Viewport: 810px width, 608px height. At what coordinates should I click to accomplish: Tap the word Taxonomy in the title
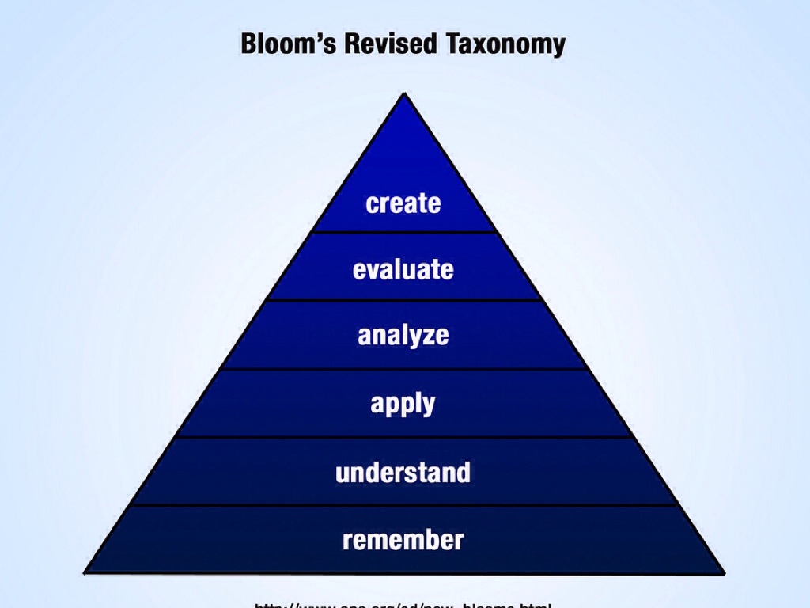505,44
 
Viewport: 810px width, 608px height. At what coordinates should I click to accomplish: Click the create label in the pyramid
403,203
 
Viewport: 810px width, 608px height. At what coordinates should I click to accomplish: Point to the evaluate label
403,270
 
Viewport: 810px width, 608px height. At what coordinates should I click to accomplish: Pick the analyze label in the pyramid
403,336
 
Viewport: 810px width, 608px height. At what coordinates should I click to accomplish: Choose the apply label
403,405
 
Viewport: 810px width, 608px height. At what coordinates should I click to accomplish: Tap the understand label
403,473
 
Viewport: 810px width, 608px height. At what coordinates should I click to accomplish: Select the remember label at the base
403,541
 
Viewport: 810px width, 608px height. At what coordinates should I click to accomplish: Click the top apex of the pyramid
404,94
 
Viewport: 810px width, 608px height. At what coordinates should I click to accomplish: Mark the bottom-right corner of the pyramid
724,572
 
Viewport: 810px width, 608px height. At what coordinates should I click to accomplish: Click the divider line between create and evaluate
404,232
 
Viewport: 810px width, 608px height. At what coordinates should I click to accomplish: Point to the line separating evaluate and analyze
404,300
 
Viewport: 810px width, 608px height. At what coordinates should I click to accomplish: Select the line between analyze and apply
404,368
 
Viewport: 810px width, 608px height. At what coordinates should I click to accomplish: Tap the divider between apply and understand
404,436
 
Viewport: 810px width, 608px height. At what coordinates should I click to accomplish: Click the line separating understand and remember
404,505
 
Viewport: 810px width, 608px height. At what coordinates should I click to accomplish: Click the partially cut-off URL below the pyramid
403,605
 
